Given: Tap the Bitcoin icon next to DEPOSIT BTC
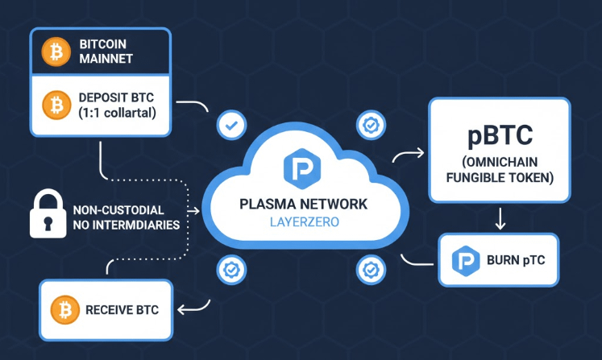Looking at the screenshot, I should pos(56,105).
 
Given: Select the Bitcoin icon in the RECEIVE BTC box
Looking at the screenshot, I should pos(64,309).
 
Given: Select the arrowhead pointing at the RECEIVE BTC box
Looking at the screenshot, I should pos(181,308).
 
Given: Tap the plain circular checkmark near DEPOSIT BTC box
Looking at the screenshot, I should pos(232,126).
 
